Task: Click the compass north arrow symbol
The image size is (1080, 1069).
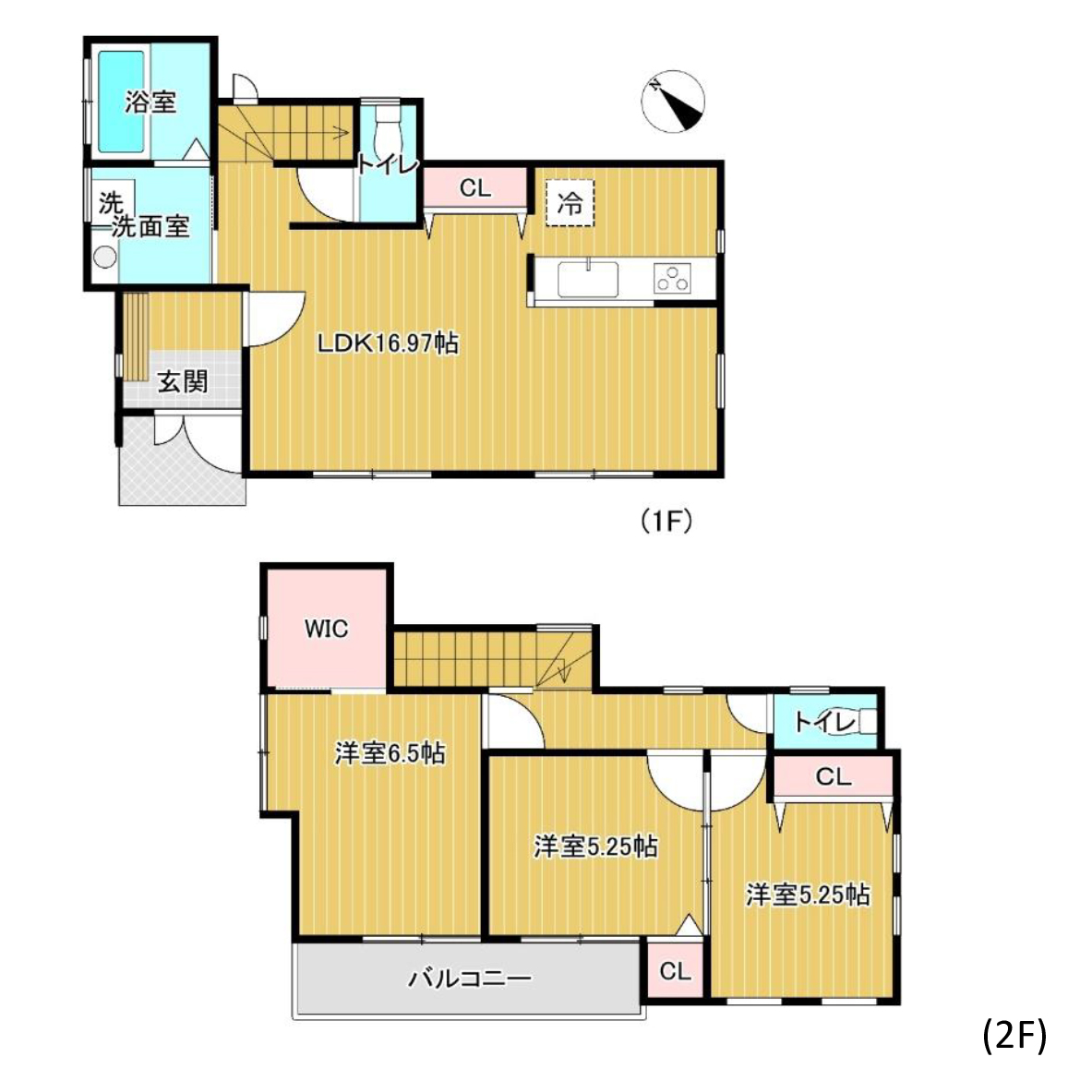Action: pyautogui.click(x=673, y=102)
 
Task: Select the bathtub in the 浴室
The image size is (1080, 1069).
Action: pyautogui.click(x=121, y=101)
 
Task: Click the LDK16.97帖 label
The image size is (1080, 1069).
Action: pyautogui.click(x=388, y=342)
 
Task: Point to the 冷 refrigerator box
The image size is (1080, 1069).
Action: pyautogui.click(x=570, y=202)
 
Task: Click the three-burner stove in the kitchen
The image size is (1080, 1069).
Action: pyautogui.click(x=672, y=279)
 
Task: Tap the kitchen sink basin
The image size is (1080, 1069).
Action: pyautogui.click(x=587, y=278)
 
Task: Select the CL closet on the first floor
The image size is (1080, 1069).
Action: pyautogui.click(x=474, y=187)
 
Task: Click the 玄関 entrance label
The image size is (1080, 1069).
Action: pyautogui.click(x=183, y=381)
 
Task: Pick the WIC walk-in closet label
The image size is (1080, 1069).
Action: pyautogui.click(x=327, y=628)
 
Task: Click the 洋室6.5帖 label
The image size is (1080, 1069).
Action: pyautogui.click(x=390, y=753)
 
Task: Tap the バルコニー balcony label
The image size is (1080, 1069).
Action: pyautogui.click(x=470, y=978)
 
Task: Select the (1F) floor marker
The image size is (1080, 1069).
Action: pyautogui.click(x=666, y=521)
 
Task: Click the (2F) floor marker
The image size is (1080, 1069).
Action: pyautogui.click(x=1014, y=1034)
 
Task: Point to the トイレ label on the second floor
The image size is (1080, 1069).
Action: pyautogui.click(x=824, y=723)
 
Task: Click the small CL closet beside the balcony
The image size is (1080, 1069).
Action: pyautogui.click(x=675, y=970)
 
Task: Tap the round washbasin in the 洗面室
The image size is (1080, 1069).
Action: pyautogui.click(x=104, y=257)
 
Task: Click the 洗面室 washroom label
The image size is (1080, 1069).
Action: pyautogui.click(x=150, y=226)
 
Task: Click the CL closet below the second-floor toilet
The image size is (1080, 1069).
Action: pyautogui.click(x=834, y=777)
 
